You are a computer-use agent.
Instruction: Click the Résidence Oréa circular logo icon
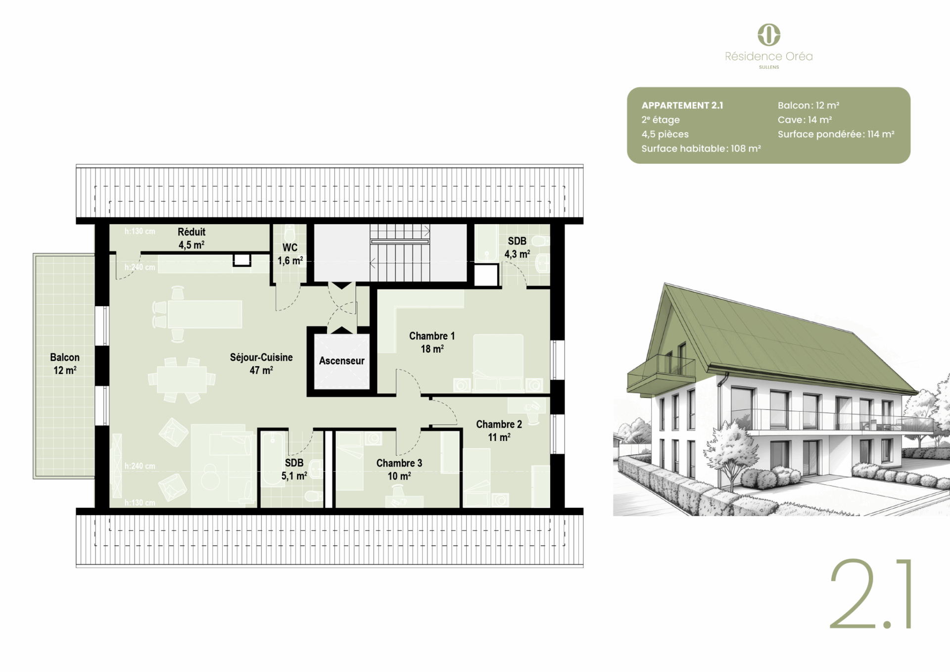[x=769, y=35]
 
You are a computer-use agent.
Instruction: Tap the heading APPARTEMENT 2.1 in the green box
[x=682, y=105]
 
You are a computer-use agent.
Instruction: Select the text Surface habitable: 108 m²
[x=701, y=148]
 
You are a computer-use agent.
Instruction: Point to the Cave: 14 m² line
[x=805, y=120]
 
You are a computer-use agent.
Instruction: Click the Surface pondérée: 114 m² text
[x=836, y=134]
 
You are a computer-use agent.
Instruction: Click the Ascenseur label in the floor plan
[x=341, y=361]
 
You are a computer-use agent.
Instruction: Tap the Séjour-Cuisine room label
[x=261, y=363]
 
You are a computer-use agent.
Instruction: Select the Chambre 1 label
[x=432, y=342]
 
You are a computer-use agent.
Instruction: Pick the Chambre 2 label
[x=499, y=431]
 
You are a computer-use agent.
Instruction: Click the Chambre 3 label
[x=399, y=469]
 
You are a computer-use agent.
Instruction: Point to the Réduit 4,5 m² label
[x=191, y=238]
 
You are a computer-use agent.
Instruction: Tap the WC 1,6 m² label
[x=290, y=254]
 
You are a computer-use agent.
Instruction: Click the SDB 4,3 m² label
[x=517, y=247]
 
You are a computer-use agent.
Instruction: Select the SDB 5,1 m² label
[x=294, y=469]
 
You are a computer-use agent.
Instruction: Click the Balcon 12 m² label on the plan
[x=65, y=363]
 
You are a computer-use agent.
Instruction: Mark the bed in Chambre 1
[x=498, y=364]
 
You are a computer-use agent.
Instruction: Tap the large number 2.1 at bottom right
[x=870, y=594]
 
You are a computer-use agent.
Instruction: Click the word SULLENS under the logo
[x=769, y=67]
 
